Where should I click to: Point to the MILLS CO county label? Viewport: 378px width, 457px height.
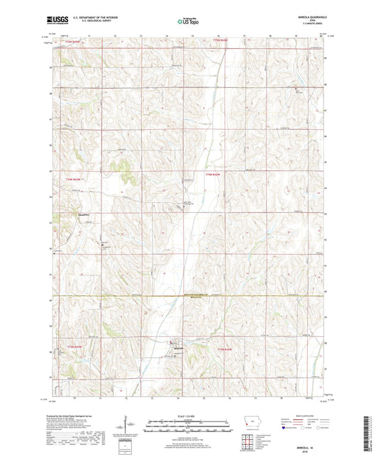186,299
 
